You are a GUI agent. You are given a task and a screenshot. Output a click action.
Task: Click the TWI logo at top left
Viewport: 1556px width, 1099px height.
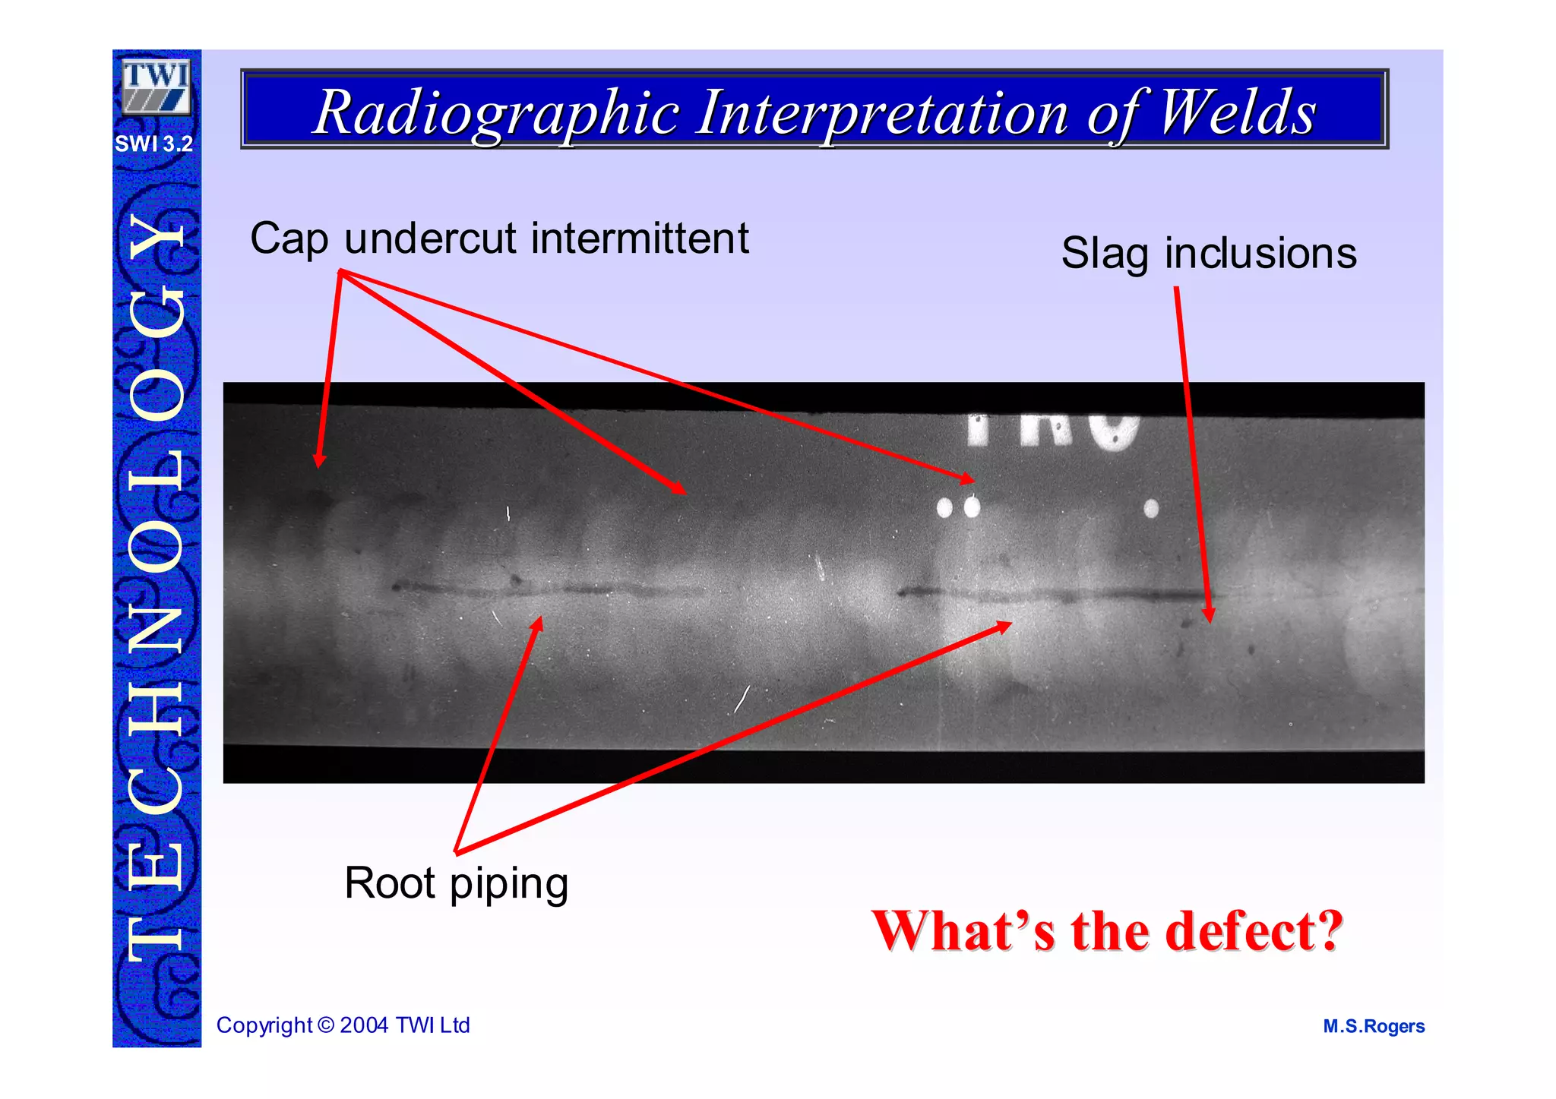[156, 87]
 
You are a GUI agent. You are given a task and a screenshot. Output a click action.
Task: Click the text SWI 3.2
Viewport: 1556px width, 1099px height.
[154, 144]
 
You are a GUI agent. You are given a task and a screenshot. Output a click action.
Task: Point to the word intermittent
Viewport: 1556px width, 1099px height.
[640, 238]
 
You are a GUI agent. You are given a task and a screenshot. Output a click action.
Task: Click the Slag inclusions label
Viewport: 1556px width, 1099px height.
[1208, 253]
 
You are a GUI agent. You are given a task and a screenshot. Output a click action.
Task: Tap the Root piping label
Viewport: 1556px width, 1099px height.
[456, 883]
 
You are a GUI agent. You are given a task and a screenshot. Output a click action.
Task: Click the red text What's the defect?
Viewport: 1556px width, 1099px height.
[1107, 930]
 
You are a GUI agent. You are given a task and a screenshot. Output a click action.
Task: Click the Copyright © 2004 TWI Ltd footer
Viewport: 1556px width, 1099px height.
[343, 1025]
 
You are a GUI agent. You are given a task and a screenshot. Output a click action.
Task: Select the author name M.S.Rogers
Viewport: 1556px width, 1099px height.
[1374, 1026]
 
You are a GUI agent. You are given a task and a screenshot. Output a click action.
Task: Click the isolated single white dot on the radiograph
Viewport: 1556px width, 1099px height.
[1151, 507]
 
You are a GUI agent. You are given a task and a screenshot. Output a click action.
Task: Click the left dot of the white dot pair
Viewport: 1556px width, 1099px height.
[944, 507]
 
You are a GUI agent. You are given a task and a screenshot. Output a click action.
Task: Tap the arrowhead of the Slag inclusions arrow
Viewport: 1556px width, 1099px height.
[1209, 615]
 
